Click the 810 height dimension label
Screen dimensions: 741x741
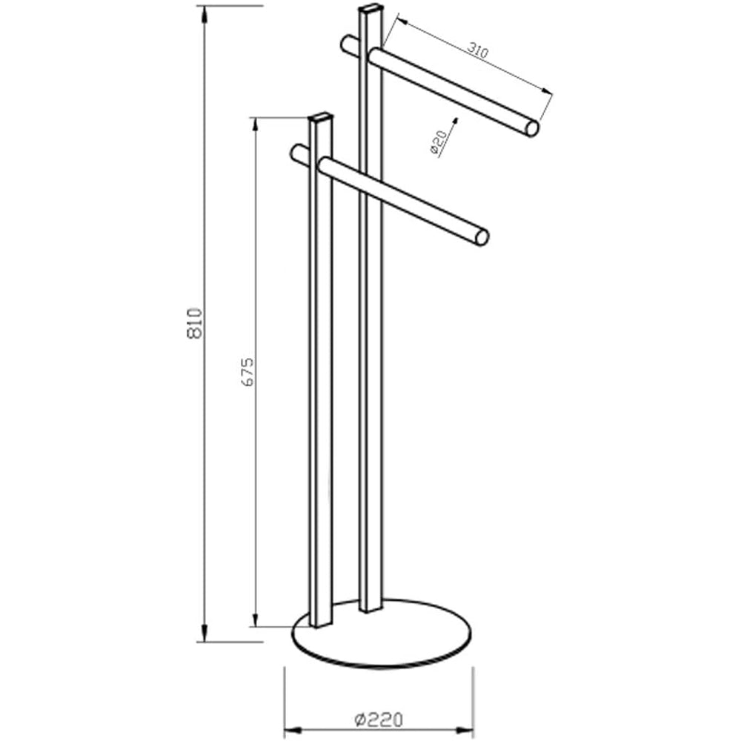[195, 323]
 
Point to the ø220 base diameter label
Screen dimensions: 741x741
[378, 720]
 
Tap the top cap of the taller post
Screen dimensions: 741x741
[370, 10]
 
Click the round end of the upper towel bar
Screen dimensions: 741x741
[531, 128]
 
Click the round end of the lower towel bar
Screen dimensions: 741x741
[482, 238]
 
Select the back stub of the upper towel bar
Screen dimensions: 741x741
[349, 44]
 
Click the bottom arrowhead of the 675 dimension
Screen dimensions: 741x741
[256, 620]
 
